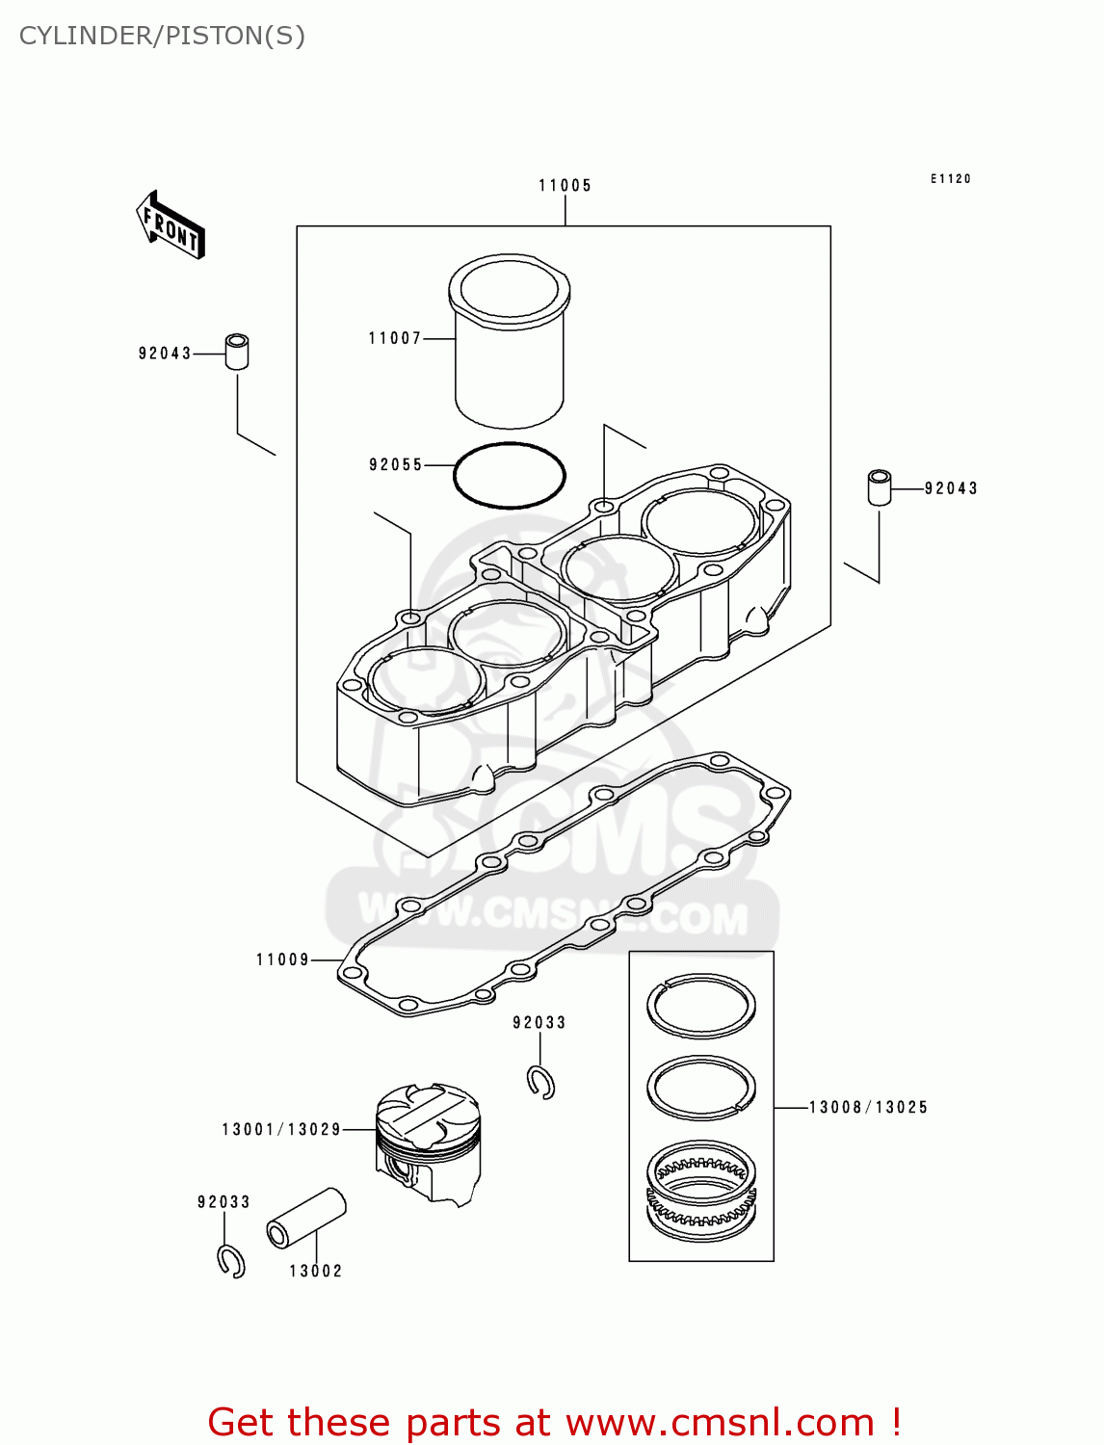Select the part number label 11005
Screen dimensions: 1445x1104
(x=565, y=186)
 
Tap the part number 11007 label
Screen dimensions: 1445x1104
(x=395, y=338)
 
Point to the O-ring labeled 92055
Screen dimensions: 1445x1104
(x=509, y=475)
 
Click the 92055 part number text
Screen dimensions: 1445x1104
(x=396, y=465)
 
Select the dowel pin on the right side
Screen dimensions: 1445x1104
(x=879, y=487)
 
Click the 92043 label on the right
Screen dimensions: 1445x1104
(x=951, y=488)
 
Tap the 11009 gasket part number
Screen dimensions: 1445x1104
(x=282, y=959)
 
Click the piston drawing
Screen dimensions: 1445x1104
(x=428, y=1143)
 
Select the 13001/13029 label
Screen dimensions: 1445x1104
(x=281, y=1130)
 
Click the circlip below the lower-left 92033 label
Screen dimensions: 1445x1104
(x=231, y=1261)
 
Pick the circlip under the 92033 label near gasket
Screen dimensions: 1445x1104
(x=541, y=1083)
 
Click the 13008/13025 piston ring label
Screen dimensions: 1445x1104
(x=868, y=1108)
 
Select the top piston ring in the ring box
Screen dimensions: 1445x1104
(x=701, y=1006)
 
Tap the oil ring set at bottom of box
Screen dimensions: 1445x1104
(x=701, y=1191)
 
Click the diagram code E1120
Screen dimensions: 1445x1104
(x=950, y=179)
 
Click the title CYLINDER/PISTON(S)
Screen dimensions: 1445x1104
(x=162, y=36)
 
